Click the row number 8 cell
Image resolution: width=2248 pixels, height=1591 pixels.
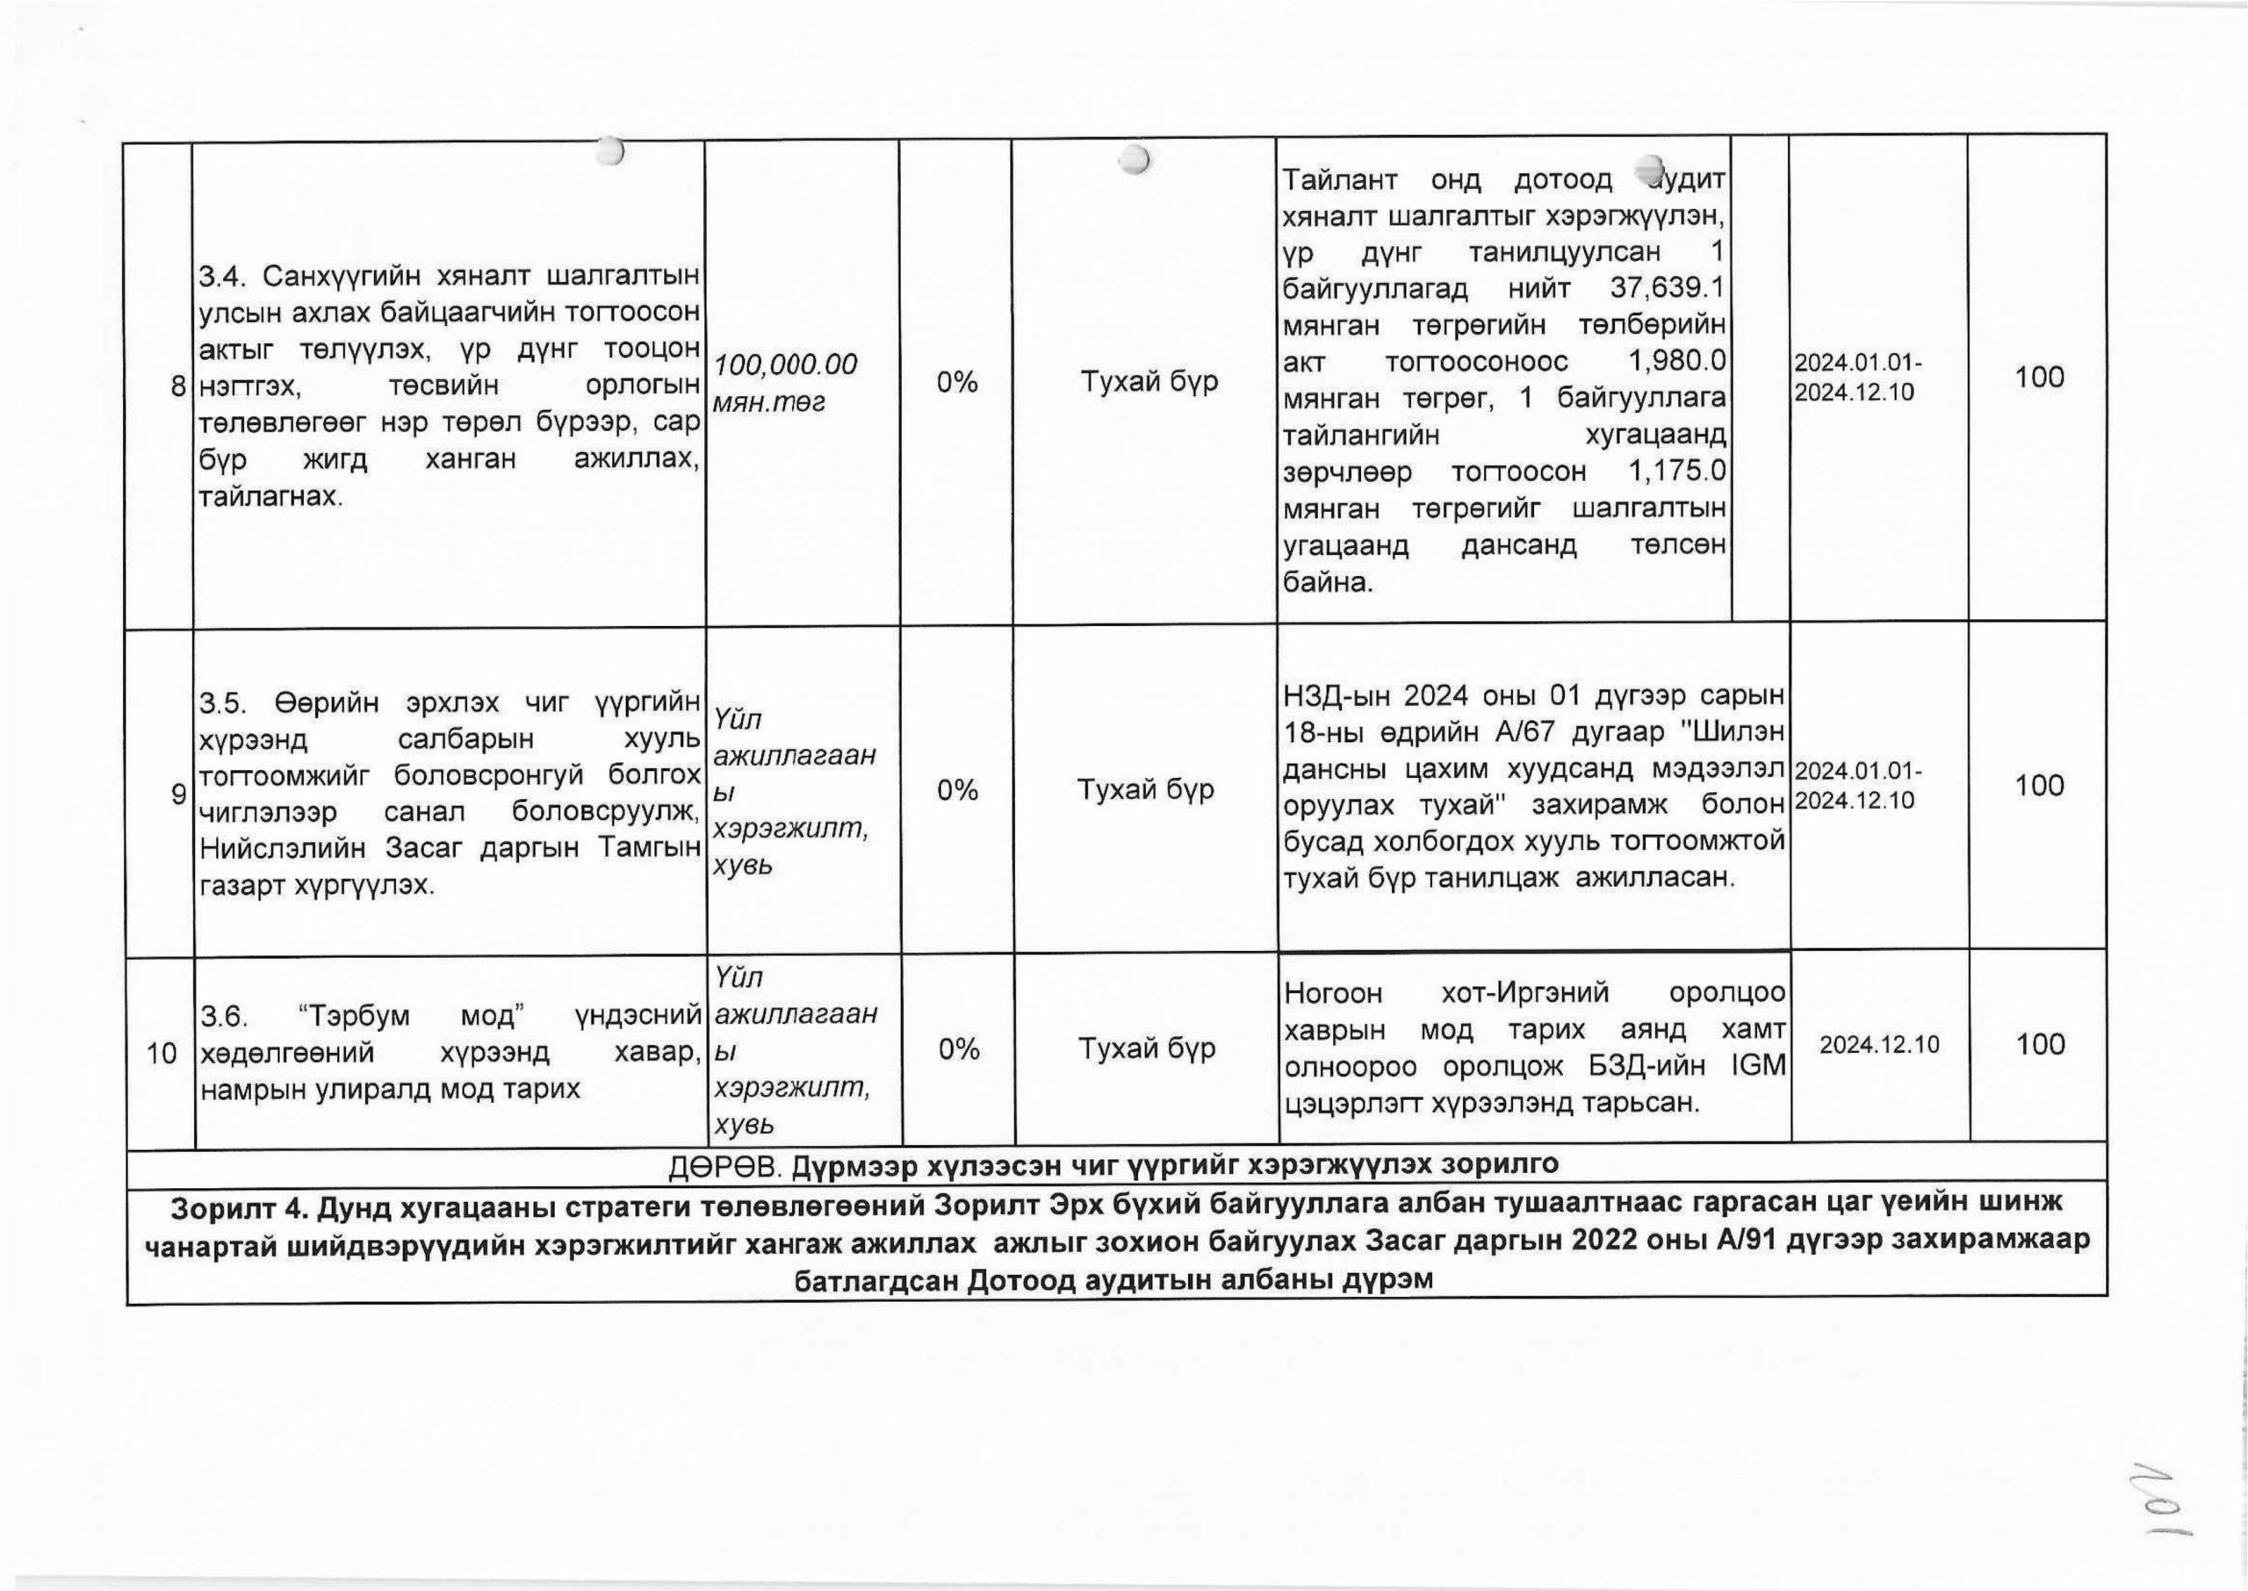[x=177, y=386]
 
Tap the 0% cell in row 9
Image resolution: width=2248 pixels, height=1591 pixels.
[x=956, y=789]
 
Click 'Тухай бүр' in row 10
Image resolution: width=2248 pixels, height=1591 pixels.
[x=1146, y=1049]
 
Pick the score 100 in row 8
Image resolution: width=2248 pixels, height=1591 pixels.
[x=2038, y=378]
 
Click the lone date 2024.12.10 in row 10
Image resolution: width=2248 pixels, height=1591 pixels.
[x=1878, y=1044]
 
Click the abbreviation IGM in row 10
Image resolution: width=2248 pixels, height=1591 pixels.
[x=1758, y=1066]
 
